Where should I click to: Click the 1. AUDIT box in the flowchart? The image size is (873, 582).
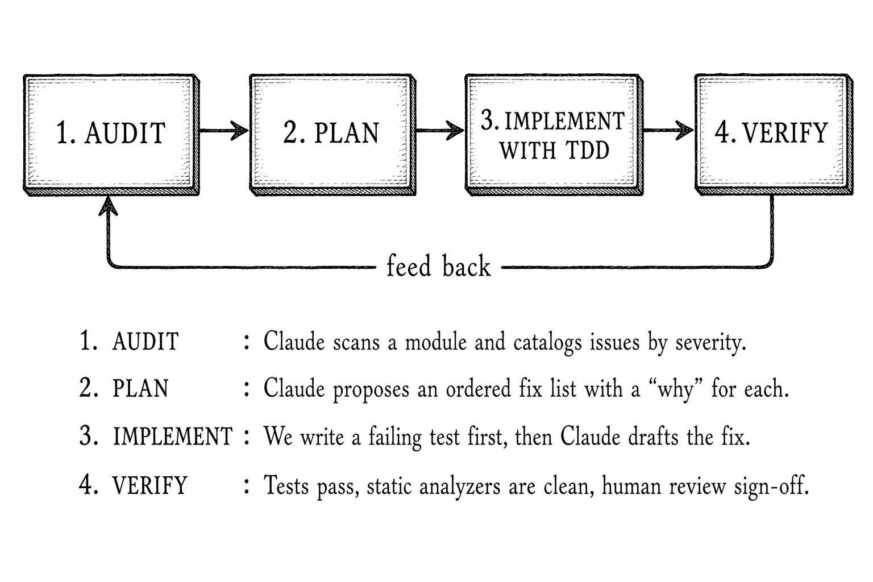pyautogui.click(x=111, y=134)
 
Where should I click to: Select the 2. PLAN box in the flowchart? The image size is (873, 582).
pyautogui.click(x=331, y=134)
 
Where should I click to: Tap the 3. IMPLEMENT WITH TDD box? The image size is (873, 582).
pyautogui.click(x=553, y=134)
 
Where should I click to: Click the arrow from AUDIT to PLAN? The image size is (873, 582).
pyautogui.click(x=224, y=131)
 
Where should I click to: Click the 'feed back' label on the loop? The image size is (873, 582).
pyautogui.click(x=438, y=267)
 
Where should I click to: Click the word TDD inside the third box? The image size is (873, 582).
pyautogui.click(x=587, y=151)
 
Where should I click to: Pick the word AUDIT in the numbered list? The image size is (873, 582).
pyautogui.click(x=145, y=342)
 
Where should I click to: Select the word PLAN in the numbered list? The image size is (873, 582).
pyautogui.click(x=140, y=389)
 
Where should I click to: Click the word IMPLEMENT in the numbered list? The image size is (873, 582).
pyautogui.click(x=173, y=437)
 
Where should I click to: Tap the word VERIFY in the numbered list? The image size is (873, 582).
pyautogui.click(x=149, y=486)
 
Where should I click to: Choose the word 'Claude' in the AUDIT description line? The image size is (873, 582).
pyautogui.click(x=294, y=342)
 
